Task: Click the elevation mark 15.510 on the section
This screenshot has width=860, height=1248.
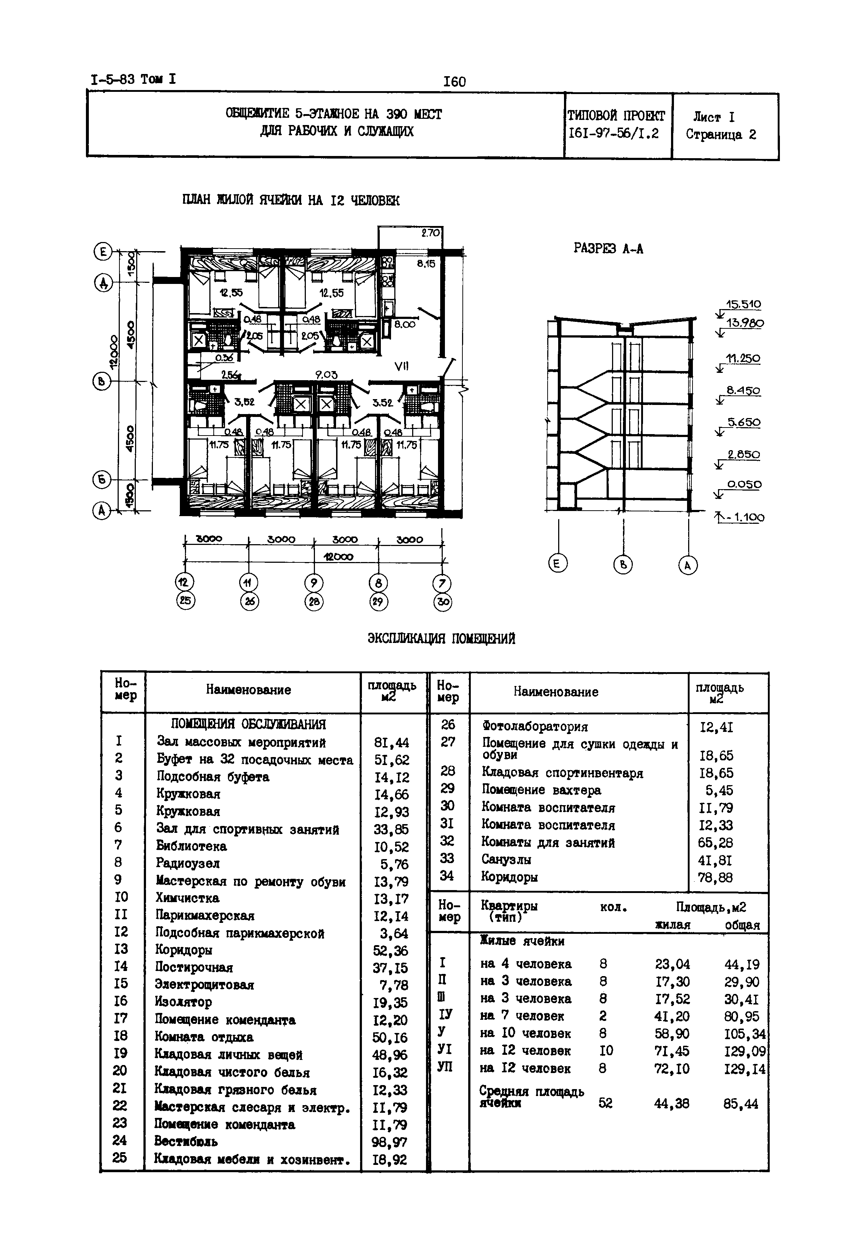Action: (743, 304)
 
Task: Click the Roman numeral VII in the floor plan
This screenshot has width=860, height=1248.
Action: (402, 366)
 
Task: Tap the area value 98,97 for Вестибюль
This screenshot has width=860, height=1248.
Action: (390, 1142)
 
